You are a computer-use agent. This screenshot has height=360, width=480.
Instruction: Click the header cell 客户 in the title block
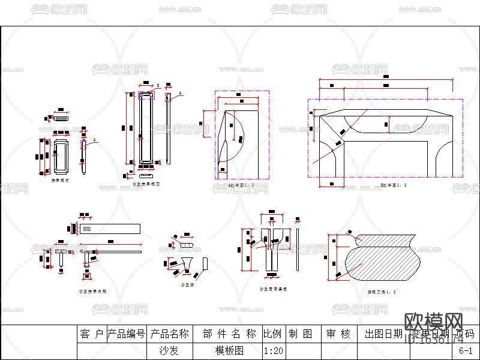[x=92, y=334]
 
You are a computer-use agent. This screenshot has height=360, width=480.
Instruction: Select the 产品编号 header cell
[x=126, y=334]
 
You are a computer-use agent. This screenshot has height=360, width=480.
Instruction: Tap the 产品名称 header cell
[x=169, y=334]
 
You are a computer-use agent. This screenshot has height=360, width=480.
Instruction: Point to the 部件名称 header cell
[x=229, y=334]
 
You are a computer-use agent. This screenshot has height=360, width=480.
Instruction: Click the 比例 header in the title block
[x=273, y=334]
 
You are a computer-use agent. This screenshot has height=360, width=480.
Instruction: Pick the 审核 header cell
[x=338, y=334]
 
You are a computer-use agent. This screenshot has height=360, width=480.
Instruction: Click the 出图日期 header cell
[x=383, y=334]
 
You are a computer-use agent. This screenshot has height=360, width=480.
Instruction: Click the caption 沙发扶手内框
[x=93, y=291]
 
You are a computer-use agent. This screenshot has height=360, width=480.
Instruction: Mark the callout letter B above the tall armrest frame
[x=158, y=86]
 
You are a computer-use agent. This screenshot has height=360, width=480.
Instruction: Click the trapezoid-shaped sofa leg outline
[x=187, y=262]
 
